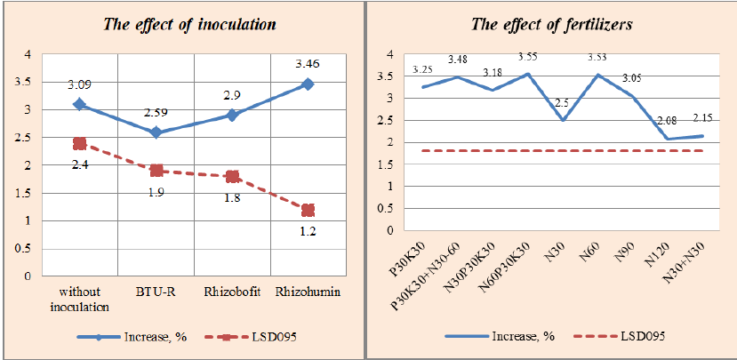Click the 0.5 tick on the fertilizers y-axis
click(x=389, y=209)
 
